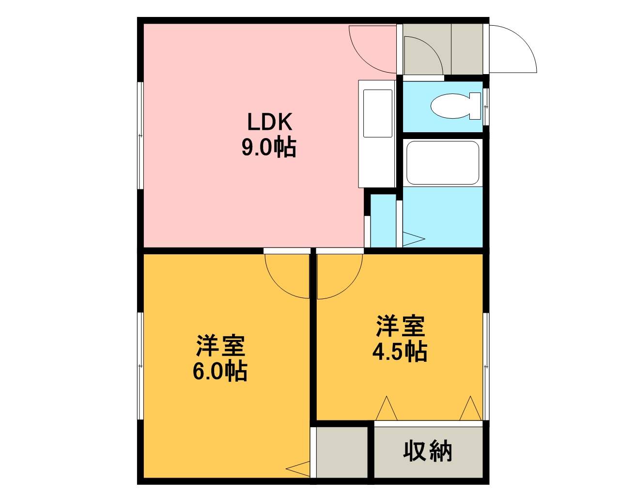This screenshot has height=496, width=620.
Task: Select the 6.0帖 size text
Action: (x=220, y=372)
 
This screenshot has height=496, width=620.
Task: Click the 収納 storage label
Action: (x=428, y=451)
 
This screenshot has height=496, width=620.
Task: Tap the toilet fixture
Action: (x=456, y=106)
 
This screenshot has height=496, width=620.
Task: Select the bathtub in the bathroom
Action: (x=443, y=163)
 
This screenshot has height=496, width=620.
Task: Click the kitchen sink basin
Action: (x=378, y=113)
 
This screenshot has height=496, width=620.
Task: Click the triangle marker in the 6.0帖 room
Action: (x=298, y=468)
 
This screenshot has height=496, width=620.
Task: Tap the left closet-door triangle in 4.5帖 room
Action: (x=387, y=408)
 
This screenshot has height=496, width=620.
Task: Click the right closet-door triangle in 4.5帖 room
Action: (x=470, y=408)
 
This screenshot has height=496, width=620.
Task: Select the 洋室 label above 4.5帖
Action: (x=401, y=326)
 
